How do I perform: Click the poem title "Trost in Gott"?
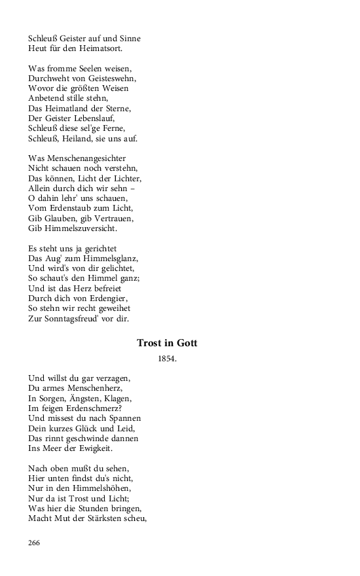pyautogui.click(x=167, y=343)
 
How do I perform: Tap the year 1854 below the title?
pyautogui.click(x=168, y=359)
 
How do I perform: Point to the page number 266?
pyautogui.click(x=35, y=542)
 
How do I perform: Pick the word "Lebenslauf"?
pyautogui.click(x=88, y=118)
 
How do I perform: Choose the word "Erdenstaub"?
pyautogui.click(x=73, y=209)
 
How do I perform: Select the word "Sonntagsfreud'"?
pyautogui.click(x=73, y=319)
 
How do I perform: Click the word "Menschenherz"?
pyautogui.click(x=95, y=388)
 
